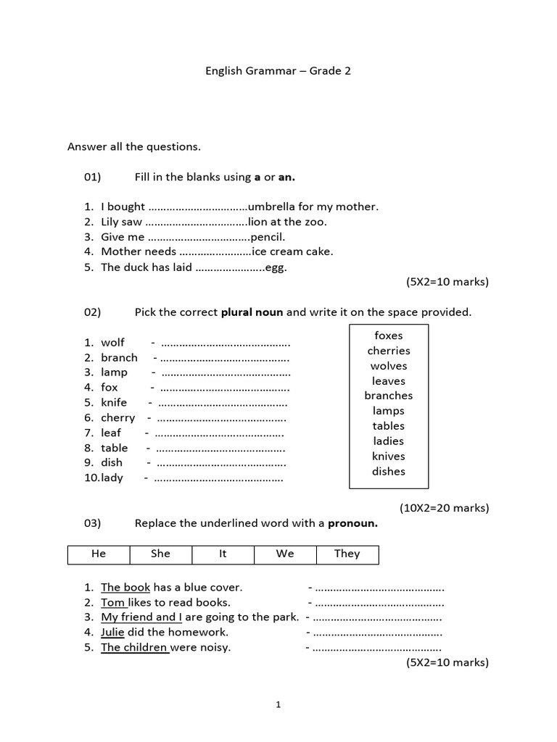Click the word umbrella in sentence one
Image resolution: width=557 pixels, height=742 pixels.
(271, 207)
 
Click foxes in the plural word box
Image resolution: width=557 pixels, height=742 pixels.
(389, 335)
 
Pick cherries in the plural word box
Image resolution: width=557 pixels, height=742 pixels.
(389, 351)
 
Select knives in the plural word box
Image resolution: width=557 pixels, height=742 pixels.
(389, 456)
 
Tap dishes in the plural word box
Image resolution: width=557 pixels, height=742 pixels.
(389, 471)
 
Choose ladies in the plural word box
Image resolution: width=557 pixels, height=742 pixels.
(389, 441)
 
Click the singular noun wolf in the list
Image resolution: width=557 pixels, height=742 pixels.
(113, 342)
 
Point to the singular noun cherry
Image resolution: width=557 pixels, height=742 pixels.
(118, 417)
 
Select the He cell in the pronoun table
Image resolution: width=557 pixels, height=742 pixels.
(99, 554)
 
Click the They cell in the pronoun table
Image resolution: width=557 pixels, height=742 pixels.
(347, 554)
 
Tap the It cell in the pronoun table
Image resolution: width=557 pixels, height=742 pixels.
(223, 554)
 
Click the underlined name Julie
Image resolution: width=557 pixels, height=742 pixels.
(113, 632)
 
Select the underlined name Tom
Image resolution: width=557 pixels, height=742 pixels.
(112, 602)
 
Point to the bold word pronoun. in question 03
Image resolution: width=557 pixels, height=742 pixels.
(353, 523)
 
